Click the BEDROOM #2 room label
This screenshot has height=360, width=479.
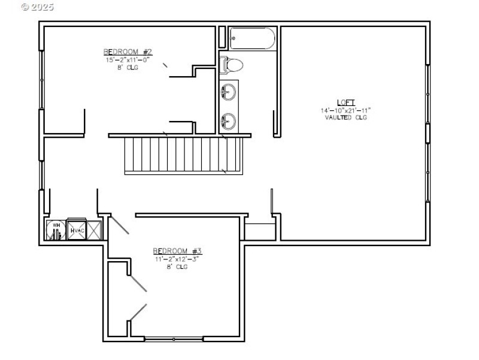(127, 52)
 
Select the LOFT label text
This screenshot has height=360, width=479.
(345, 102)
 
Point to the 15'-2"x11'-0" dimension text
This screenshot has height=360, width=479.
(127, 59)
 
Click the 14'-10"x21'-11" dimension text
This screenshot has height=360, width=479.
(345, 110)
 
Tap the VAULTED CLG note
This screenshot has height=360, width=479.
(345, 117)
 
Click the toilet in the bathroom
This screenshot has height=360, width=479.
(231, 64)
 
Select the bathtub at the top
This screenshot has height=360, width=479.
(252, 39)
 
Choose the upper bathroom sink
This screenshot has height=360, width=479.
(228, 92)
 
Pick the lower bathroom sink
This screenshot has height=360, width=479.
(228, 122)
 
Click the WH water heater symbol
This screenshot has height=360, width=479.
(55, 230)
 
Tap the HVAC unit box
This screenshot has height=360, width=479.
(76, 229)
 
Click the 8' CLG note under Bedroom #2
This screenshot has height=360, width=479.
(127, 67)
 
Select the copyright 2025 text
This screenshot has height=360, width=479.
(37, 7)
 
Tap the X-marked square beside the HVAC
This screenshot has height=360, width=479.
(95, 230)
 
